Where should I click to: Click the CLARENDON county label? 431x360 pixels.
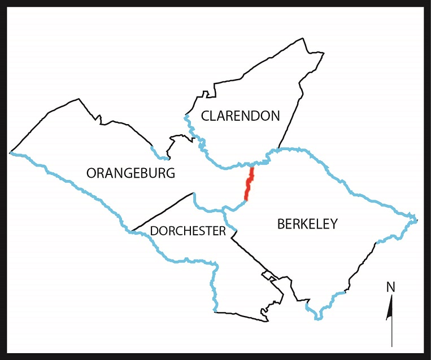[x=241, y=116]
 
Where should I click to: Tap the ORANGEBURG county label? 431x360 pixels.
[x=130, y=173]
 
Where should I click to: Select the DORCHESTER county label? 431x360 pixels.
[x=188, y=231]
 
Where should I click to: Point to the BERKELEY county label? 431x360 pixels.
[x=307, y=224]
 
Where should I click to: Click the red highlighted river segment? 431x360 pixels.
[x=249, y=183]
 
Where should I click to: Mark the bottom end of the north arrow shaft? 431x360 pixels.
[x=391, y=346]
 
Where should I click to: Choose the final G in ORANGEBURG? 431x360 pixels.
[x=170, y=173]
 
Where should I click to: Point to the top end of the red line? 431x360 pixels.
[x=252, y=168]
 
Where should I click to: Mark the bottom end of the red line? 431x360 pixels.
[x=246, y=200]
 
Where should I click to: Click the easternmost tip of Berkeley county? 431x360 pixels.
[x=417, y=219]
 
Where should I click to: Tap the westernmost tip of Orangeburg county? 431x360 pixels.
[x=10, y=152]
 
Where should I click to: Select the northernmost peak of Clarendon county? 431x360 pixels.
[x=304, y=38]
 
